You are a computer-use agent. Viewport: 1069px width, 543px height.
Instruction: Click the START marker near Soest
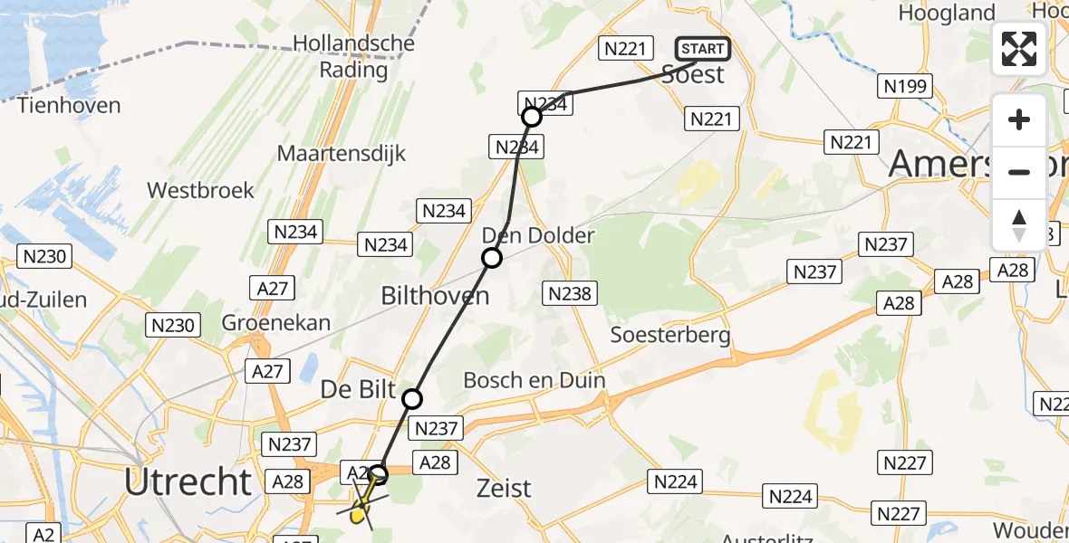coord(702,49)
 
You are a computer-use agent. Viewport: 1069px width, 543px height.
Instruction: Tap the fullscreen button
coord(1019,49)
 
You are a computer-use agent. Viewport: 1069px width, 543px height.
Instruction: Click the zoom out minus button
coord(1019,172)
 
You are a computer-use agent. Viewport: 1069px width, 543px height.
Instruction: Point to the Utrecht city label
coord(188,482)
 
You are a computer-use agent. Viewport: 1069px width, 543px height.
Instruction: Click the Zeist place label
coord(504,489)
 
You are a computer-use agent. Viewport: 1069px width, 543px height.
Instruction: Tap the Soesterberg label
coord(670,335)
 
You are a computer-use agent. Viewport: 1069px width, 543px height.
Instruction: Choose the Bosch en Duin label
coord(534,380)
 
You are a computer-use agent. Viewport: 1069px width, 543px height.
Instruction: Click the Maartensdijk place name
coord(342,153)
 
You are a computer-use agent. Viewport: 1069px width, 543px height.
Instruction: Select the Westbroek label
coord(200,191)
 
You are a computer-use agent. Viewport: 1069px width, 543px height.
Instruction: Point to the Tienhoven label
coord(69,105)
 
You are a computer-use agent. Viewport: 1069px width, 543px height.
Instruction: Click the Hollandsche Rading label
coord(354,56)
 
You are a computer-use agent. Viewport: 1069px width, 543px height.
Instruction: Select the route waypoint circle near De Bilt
coord(412,398)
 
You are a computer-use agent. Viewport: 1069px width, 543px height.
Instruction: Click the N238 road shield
coord(570,293)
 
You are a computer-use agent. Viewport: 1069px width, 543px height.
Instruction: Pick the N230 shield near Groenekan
coord(173,324)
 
